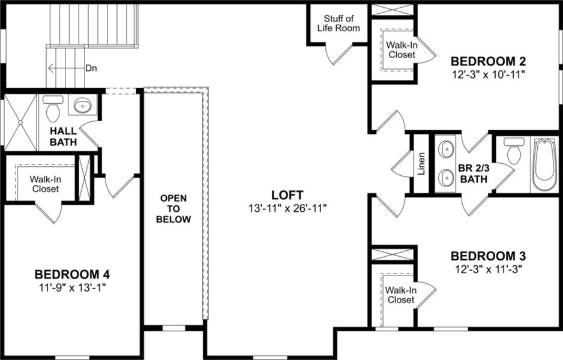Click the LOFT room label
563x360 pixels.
point(287,195)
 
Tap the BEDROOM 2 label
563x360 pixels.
point(488,61)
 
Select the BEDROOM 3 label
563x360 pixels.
point(488,256)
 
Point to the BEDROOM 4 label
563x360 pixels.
point(72,274)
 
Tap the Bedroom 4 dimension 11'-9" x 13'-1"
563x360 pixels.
point(72,287)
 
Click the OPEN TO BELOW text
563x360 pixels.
point(173,208)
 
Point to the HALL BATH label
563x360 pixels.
point(63,136)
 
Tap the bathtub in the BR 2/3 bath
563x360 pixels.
point(545,164)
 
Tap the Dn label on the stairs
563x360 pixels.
point(91,68)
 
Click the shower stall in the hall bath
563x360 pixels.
point(22,122)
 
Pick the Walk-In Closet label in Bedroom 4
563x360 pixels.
point(45,184)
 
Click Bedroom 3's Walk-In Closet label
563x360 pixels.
point(400,295)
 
